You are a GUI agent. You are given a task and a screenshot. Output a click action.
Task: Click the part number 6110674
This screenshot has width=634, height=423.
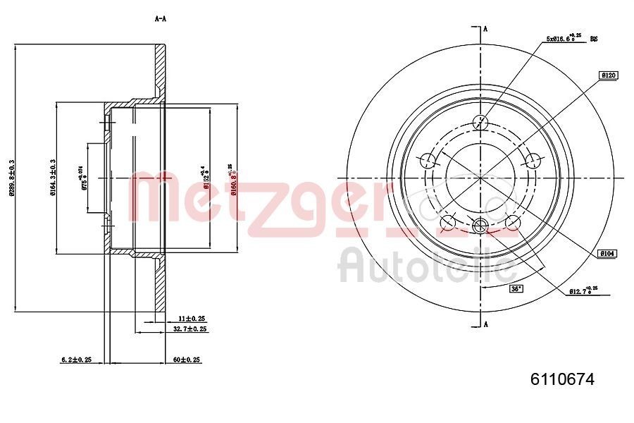point(561,379)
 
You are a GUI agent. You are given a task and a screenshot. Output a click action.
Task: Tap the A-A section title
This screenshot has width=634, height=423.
point(160,19)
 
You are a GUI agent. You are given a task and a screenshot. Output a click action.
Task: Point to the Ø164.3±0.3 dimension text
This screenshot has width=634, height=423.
point(52,178)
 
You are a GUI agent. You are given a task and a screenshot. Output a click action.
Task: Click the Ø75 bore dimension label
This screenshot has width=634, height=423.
point(83,178)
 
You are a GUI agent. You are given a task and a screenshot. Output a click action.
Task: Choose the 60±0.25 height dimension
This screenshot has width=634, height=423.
point(187,360)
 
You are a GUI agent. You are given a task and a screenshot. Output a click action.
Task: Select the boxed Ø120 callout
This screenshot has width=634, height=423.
point(608,75)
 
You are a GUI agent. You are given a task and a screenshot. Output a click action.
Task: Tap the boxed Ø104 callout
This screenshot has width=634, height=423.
point(607,252)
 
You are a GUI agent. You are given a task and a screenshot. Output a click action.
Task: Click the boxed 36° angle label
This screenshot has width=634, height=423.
point(516,289)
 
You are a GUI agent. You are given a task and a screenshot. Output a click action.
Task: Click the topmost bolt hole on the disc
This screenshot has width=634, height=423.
point(481,122)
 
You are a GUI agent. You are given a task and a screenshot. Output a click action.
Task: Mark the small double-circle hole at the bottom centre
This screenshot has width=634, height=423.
point(481,226)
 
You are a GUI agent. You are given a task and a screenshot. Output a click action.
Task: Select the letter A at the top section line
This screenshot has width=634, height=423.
point(485,29)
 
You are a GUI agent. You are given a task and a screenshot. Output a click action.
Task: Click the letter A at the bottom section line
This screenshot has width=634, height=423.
point(485,324)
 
